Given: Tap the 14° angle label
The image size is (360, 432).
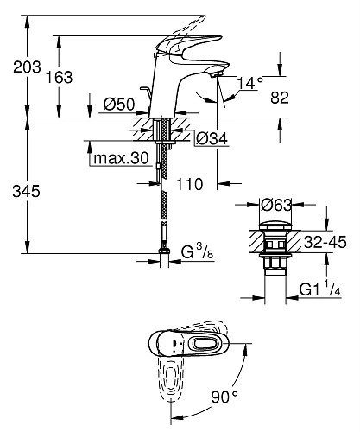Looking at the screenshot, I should tap(250, 83).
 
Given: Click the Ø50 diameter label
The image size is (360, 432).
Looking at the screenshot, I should tap(117, 105).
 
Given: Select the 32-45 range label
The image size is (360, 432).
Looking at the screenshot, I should tap(326, 243).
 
